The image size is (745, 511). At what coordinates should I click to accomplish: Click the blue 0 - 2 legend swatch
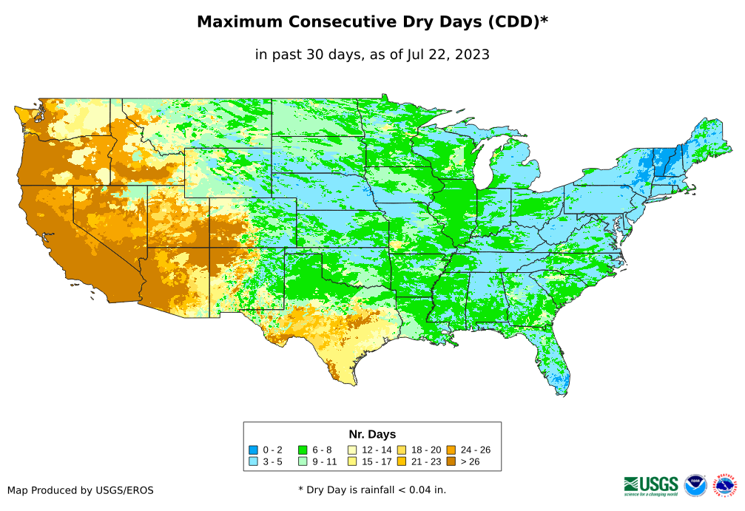[x=254, y=450]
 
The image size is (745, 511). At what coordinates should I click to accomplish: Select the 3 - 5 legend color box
[x=254, y=461]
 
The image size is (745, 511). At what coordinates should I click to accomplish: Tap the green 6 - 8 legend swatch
[x=303, y=450]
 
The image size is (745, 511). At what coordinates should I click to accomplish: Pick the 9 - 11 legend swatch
[x=303, y=461]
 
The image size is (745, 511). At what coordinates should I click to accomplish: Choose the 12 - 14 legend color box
[x=352, y=450]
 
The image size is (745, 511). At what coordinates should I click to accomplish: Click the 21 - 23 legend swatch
[x=402, y=461]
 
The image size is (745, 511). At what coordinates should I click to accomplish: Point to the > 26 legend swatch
[x=451, y=461]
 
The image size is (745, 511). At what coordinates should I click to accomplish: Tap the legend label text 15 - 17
[x=377, y=461]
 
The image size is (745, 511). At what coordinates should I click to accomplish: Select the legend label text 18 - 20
[x=425, y=450]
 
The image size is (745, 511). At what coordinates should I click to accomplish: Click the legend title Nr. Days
[x=372, y=434]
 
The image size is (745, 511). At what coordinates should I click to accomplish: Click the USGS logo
[x=651, y=485]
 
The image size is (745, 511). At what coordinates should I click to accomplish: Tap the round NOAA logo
[x=695, y=485]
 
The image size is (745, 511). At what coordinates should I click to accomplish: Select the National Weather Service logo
[x=725, y=485]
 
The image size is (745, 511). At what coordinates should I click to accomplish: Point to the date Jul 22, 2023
[x=448, y=54]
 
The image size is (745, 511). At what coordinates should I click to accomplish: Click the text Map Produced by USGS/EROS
[x=81, y=490]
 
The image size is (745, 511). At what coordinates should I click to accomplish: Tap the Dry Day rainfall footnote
[x=372, y=490]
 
